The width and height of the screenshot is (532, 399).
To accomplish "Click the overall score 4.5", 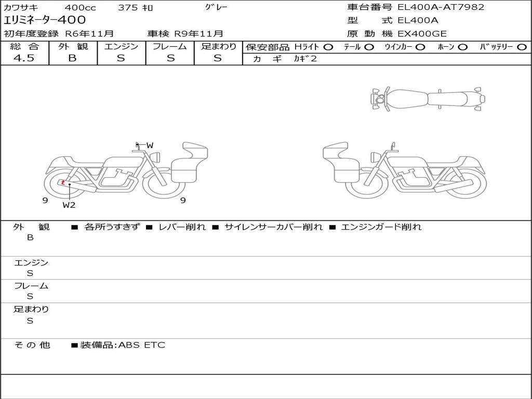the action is (24, 58).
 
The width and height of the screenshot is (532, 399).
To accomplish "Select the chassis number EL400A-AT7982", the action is (441, 7).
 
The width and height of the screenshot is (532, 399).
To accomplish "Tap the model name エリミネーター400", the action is (45, 20).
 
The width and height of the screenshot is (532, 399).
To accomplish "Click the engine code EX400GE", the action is (422, 34).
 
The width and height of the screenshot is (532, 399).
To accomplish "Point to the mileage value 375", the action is (128, 7).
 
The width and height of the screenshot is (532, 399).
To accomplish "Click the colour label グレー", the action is (216, 7).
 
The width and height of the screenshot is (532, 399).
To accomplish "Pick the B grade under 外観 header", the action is (73, 58).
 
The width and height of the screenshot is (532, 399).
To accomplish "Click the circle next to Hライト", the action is (328, 47).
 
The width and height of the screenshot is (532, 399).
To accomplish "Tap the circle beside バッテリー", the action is (522, 47).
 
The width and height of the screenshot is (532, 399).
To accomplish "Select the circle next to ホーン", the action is (462, 47).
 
